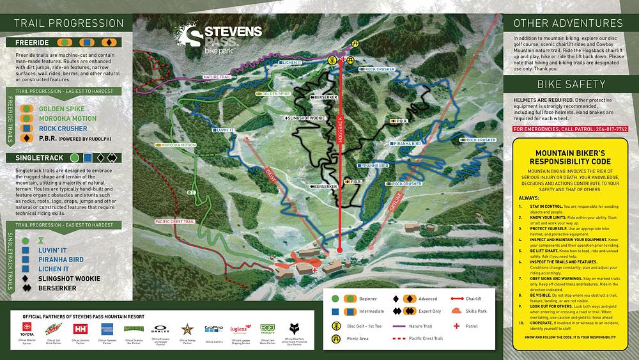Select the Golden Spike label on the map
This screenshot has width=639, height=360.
pyautogui.click(x=275, y=93)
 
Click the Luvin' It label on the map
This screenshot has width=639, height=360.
pyautogui.click(x=223, y=130)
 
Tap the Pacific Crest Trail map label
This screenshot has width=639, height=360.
pyautogui.click(x=174, y=221)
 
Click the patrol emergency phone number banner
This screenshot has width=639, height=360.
pyautogui.click(x=570, y=129)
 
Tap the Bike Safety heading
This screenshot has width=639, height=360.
pyautogui.click(x=571, y=84)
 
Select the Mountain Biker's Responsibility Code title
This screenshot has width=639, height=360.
pyautogui.click(x=571, y=158)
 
